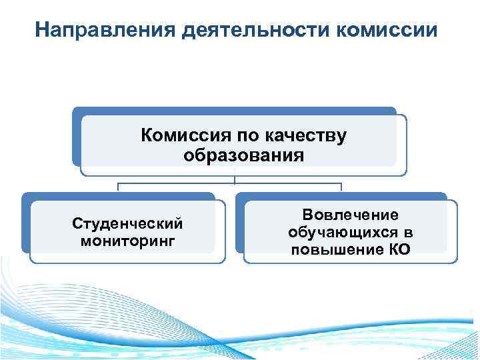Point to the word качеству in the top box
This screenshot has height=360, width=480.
tap(305, 136)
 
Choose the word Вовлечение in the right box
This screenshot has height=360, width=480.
tap(351, 215)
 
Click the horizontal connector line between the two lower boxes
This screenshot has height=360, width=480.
tap(230, 183)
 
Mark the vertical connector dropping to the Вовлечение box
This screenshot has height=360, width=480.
tap(341, 187)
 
